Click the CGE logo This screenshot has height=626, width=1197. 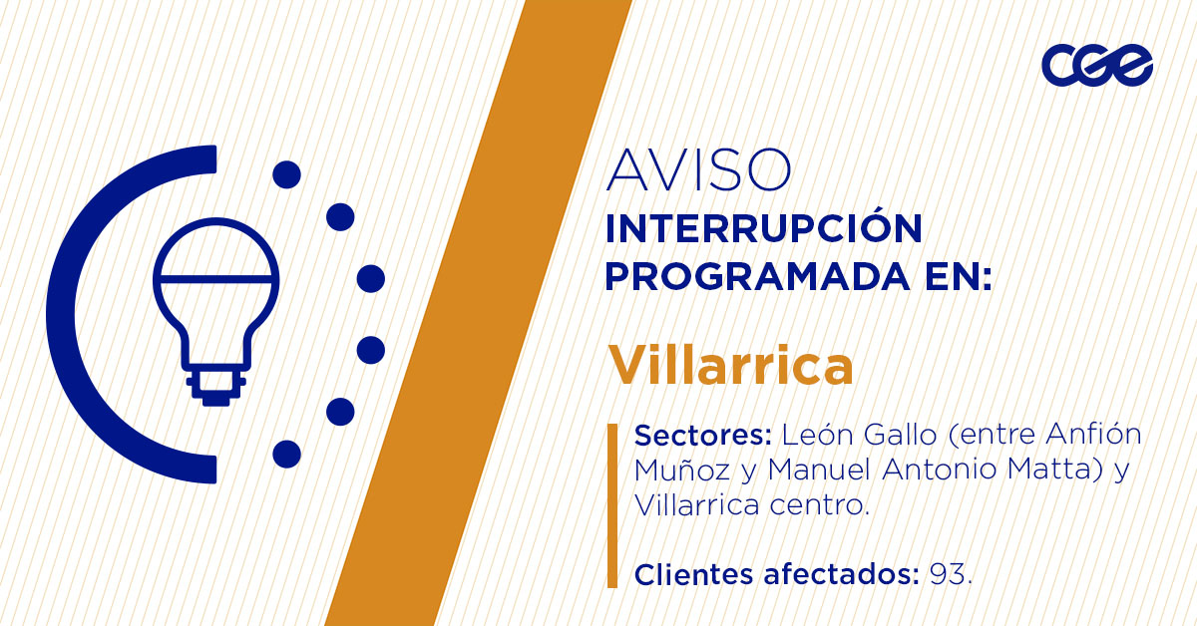coord(1096,66)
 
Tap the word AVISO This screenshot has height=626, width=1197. coord(697,170)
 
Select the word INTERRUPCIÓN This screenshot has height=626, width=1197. coord(763,228)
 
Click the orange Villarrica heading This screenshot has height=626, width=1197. coord(731,366)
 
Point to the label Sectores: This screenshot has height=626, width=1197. coord(704,437)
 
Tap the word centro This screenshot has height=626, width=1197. coord(820,505)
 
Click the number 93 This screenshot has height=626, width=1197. coord(947,575)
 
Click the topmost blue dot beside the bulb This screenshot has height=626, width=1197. coord(286,174)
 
